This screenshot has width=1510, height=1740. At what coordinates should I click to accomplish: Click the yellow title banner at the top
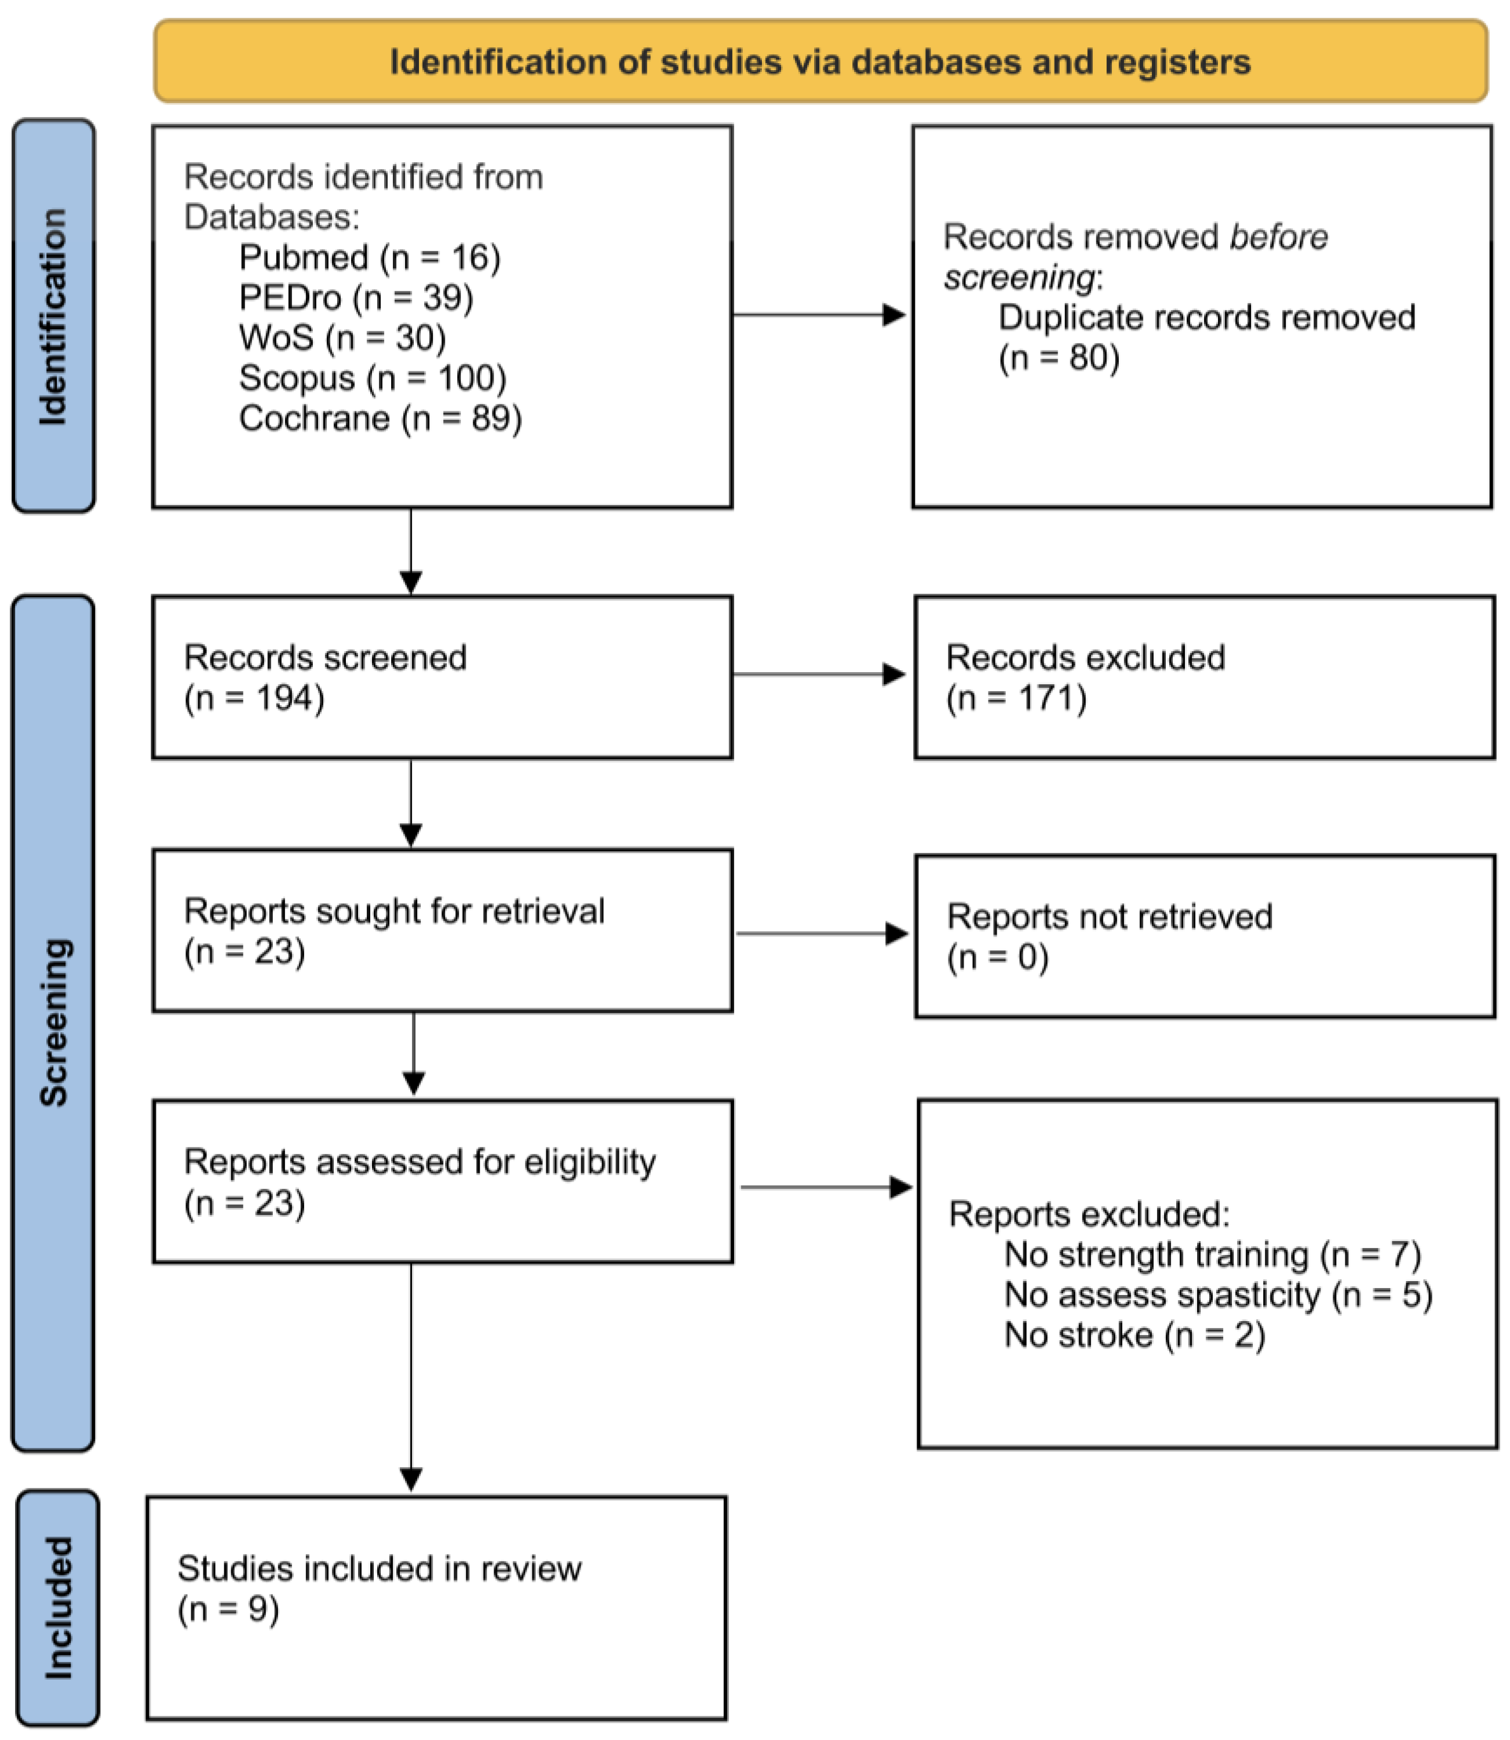[820, 61]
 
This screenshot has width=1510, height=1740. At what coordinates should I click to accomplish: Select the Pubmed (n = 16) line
[369, 257]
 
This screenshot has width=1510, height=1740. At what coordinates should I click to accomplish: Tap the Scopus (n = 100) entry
[373, 377]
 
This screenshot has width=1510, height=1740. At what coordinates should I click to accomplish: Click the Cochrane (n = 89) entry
[380, 418]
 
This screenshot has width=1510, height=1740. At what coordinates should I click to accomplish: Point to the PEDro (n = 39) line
[356, 297]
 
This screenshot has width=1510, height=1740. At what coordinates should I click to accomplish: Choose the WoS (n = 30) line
[342, 338]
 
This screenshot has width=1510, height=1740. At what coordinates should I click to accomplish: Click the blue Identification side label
[54, 316]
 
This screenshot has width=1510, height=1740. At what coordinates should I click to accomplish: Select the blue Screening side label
[53, 1022]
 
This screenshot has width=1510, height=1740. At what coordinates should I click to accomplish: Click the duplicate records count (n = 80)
[1059, 358]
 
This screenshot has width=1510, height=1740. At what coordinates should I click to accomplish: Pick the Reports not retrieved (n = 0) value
[998, 958]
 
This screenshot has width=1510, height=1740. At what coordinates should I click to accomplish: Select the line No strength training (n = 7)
[1212, 1254]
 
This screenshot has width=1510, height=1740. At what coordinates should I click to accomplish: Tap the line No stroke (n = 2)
[1134, 1336]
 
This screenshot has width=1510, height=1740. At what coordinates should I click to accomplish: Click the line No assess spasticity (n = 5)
[1217, 1295]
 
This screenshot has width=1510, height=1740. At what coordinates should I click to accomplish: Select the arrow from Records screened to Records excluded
[818, 674]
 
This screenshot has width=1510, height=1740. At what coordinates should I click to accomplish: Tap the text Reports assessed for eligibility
[420, 1162]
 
